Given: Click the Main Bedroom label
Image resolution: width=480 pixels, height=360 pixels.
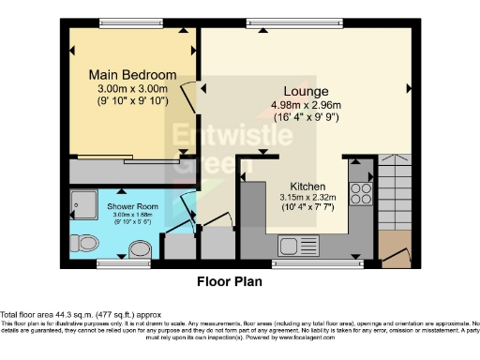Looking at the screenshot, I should pos(131,74).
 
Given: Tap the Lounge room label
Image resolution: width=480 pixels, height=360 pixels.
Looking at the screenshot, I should pos(292,90).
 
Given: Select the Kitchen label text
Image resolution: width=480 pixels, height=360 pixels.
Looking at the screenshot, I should pos(307,185).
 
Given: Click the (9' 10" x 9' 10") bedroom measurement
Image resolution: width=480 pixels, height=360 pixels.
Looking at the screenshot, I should pos(131,101).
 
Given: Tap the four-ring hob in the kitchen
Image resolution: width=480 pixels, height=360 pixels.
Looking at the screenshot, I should pos(359,193).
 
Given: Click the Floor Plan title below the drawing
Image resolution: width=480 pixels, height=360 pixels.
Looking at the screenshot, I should pos(229,280).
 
